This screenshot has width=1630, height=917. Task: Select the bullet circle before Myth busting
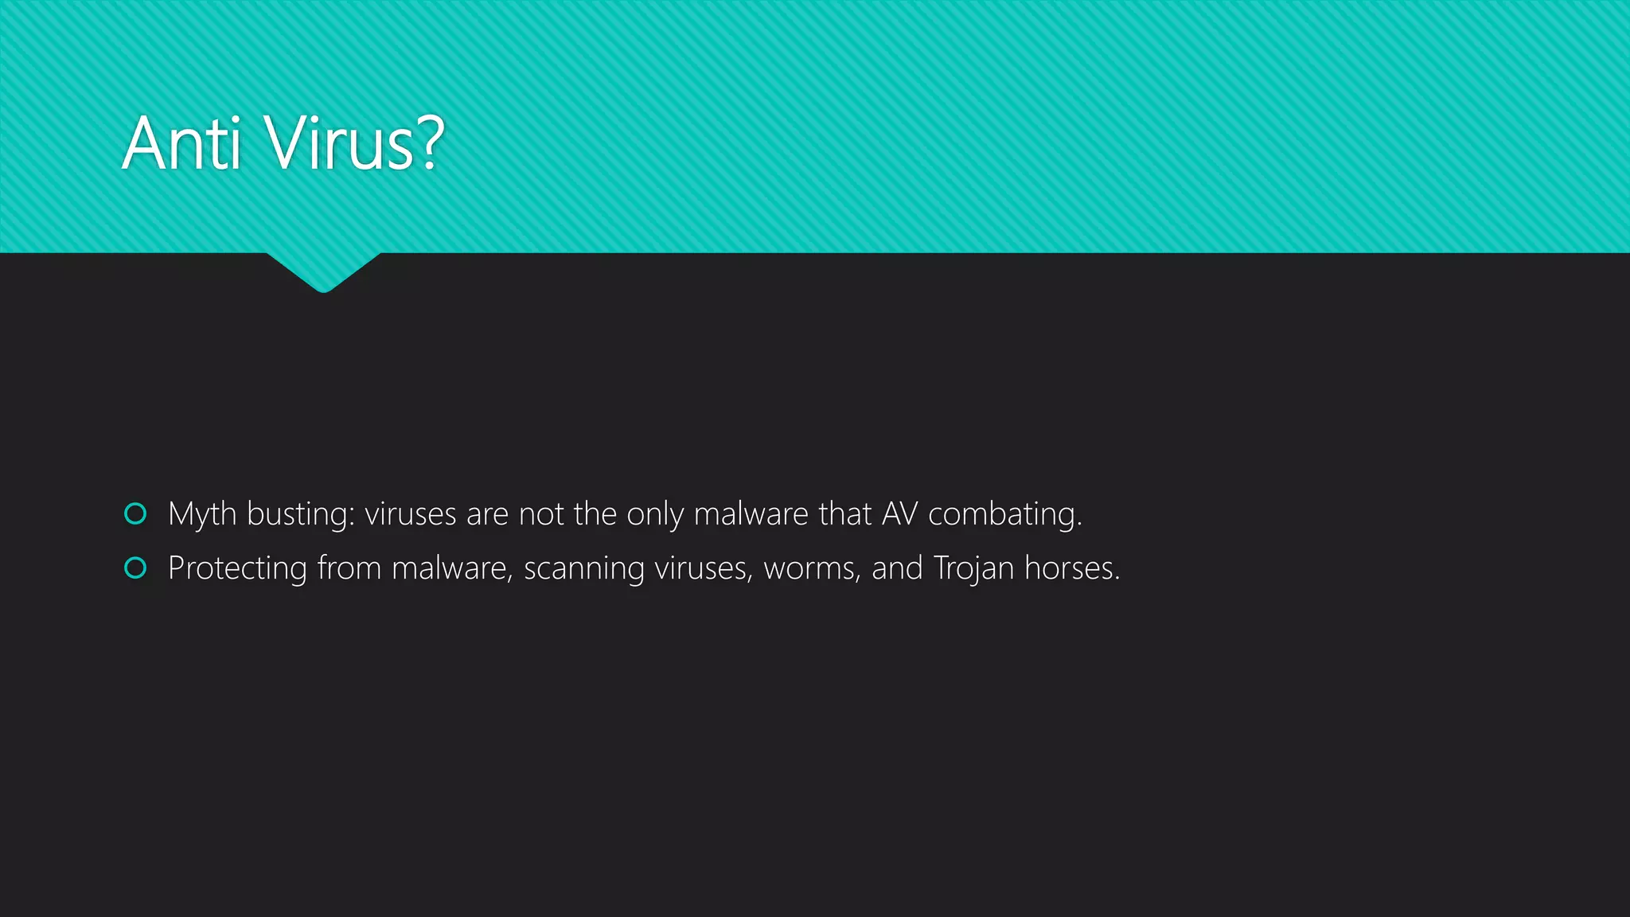coord(136,514)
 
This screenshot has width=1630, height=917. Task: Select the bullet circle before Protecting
coord(136,568)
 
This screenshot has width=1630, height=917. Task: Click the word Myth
coord(202,514)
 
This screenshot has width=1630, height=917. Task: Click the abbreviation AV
coord(899,514)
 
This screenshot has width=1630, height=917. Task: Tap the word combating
coord(1004,514)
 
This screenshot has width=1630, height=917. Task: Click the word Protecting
coord(237,568)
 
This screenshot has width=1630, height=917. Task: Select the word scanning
coord(583,568)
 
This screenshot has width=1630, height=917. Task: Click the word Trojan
coord(973,568)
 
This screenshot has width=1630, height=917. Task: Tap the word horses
coord(1071,568)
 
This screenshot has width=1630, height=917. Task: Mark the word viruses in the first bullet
coord(411,514)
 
